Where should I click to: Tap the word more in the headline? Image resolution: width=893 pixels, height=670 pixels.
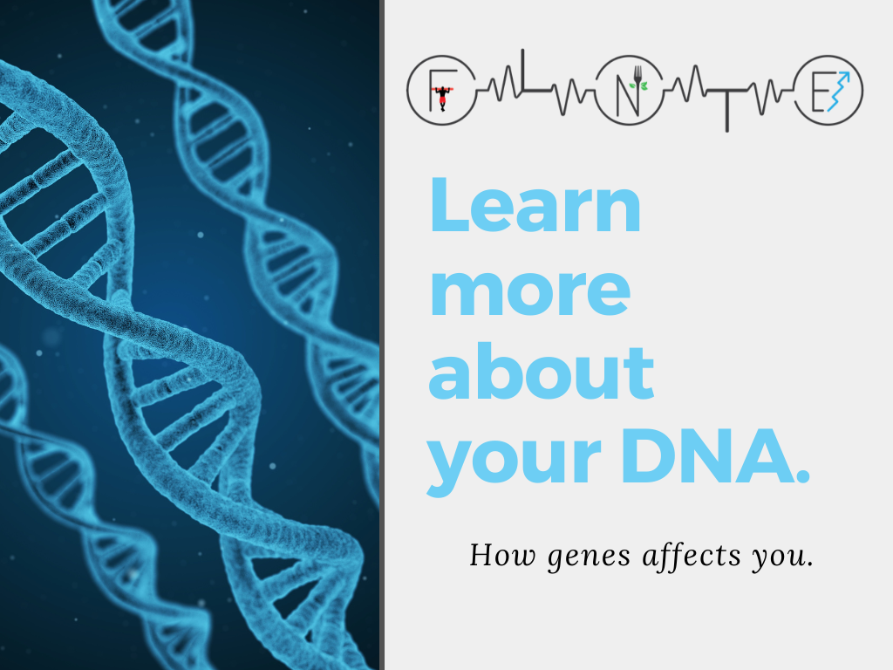529,292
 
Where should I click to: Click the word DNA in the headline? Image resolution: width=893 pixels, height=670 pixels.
708,455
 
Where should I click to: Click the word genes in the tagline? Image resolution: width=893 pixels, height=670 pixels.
589,557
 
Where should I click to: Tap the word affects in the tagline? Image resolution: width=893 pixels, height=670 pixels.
692,556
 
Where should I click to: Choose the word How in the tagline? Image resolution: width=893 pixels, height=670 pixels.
502,555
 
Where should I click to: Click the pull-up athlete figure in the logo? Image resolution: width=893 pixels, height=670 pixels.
442,98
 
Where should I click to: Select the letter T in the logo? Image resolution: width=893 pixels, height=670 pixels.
726,109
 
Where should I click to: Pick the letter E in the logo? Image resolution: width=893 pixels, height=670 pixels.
819,91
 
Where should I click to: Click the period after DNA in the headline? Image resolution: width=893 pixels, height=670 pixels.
803,476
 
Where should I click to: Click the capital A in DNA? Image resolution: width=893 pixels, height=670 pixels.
766,455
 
